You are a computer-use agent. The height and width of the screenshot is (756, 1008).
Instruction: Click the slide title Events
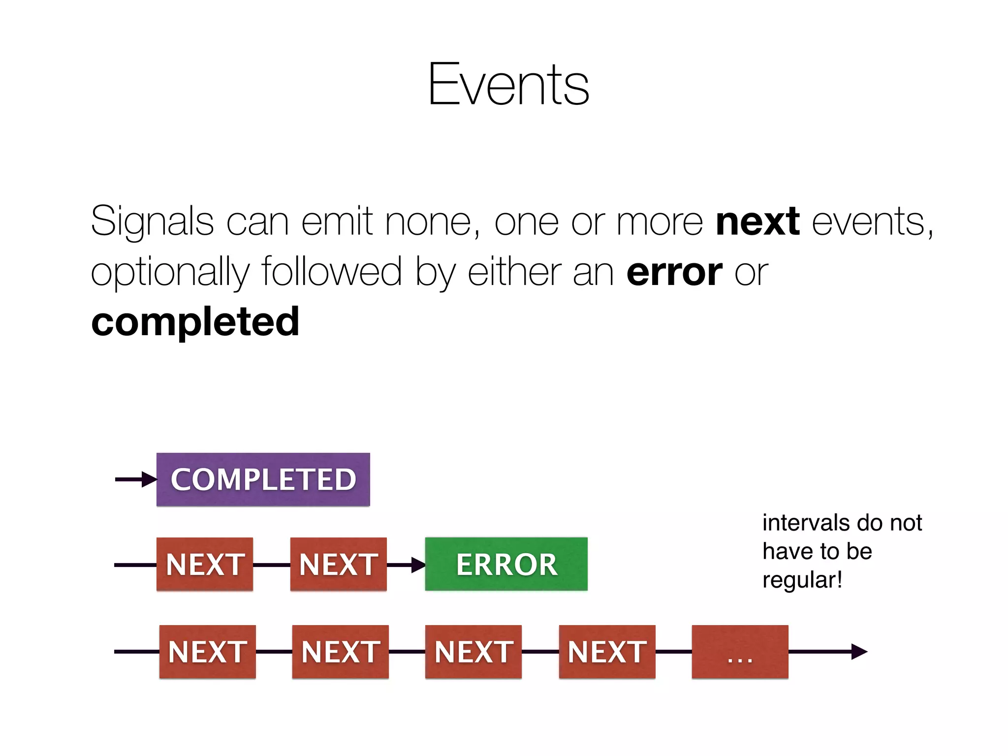[508, 85]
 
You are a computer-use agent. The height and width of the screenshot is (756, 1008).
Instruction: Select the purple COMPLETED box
[263, 479]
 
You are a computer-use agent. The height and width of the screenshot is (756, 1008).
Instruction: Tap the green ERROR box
[506, 564]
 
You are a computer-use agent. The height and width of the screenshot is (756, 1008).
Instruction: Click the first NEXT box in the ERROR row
[205, 564]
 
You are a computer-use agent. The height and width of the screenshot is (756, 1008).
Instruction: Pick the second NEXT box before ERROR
[338, 564]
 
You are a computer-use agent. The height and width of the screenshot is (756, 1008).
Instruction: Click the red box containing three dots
[740, 652]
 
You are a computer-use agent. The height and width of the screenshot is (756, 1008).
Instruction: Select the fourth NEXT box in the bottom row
[607, 652]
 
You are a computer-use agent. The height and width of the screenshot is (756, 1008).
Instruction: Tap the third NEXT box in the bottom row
[473, 652]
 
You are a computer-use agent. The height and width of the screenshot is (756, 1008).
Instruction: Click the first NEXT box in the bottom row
[207, 652]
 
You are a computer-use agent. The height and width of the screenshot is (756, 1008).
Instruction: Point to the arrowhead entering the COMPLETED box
[149, 479]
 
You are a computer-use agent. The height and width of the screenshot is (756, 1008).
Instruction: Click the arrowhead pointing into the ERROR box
[418, 565]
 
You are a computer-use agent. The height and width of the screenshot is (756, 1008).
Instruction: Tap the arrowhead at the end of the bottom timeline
[859, 652]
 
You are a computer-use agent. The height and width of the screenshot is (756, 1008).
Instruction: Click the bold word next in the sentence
[757, 222]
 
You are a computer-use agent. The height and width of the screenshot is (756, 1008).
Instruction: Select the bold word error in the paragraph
[674, 272]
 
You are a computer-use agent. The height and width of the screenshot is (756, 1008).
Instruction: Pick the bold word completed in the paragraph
[195, 322]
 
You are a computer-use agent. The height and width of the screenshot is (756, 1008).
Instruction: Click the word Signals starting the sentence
[152, 222]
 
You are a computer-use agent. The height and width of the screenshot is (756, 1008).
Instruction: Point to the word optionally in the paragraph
[170, 272]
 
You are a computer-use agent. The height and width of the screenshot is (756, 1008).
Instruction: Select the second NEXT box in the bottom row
[340, 652]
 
